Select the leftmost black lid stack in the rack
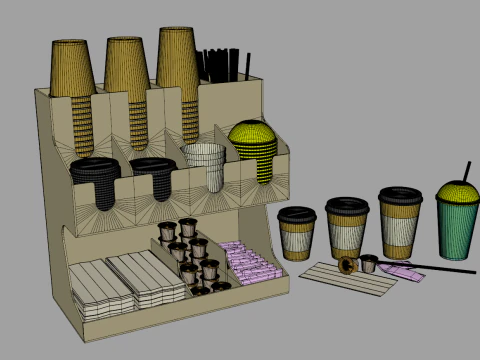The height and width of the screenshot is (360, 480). click(95, 176)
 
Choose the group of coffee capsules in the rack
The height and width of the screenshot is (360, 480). click(190, 255)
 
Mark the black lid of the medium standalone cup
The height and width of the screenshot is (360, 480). click(347, 205)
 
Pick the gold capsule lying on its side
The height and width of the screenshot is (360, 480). click(348, 265)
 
